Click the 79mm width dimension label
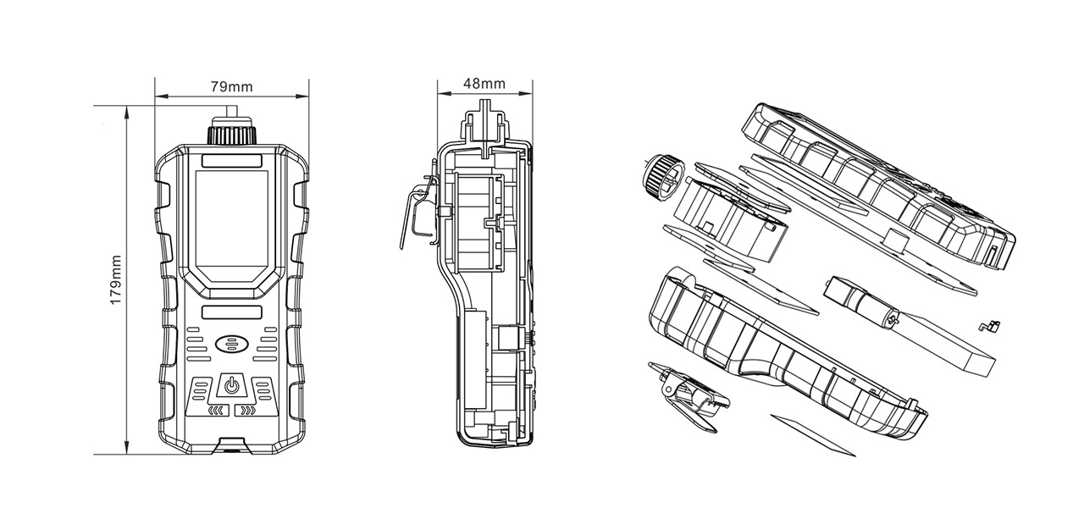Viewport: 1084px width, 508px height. [x=231, y=86]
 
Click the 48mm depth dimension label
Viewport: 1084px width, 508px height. [x=484, y=84]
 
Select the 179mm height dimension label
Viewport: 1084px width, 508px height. [x=116, y=280]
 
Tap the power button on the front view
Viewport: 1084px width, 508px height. [x=231, y=385]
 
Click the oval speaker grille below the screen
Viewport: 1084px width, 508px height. [x=231, y=345]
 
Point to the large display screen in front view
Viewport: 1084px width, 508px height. [x=231, y=226]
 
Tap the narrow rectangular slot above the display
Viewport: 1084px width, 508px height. [x=231, y=161]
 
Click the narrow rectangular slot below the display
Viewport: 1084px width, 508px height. [x=231, y=312]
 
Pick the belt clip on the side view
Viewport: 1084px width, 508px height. [x=419, y=213]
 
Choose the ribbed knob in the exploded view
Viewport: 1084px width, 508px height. [x=663, y=178]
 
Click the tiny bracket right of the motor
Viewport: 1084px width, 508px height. [x=990, y=327]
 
